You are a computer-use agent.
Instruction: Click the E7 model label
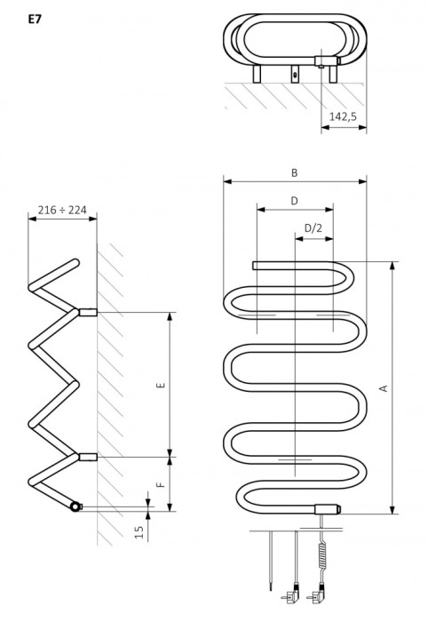(35, 20)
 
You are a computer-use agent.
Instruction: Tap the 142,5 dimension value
(343, 116)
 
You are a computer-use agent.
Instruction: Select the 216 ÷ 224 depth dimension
(62, 210)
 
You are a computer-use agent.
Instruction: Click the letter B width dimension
(295, 173)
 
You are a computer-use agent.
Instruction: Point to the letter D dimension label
(295, 201)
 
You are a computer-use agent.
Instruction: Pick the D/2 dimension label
(313, 228)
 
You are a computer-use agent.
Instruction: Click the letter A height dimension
(384, 388)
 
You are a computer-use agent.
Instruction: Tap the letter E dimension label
(161, 385)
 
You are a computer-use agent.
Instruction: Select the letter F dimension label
(161, 485)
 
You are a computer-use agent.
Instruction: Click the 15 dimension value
(139, 532)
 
